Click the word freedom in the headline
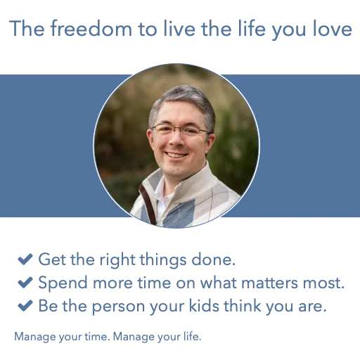click(91, 28)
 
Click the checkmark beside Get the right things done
click(25, 259)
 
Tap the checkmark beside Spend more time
click(25, 282)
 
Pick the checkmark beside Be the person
click(25, 305)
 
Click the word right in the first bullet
click(117, 260)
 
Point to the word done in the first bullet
click(213, 259)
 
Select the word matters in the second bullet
click(269, 283)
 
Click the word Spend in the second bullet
click(63, 283)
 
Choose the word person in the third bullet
click(118, 307)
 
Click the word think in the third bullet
click(243, 306)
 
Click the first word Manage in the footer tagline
click(35, 337)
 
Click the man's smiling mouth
click(176, 155)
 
